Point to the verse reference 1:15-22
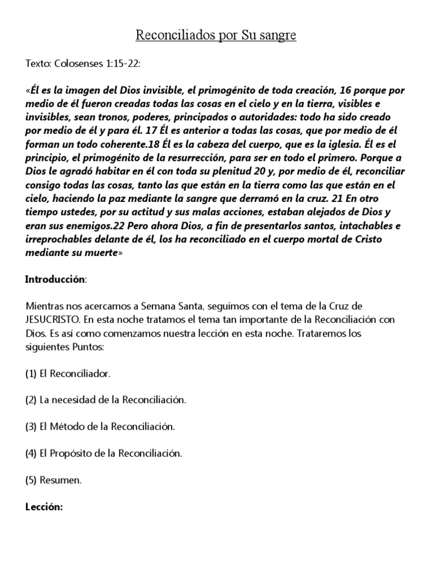pos(121,65)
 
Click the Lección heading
pos(43,507)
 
